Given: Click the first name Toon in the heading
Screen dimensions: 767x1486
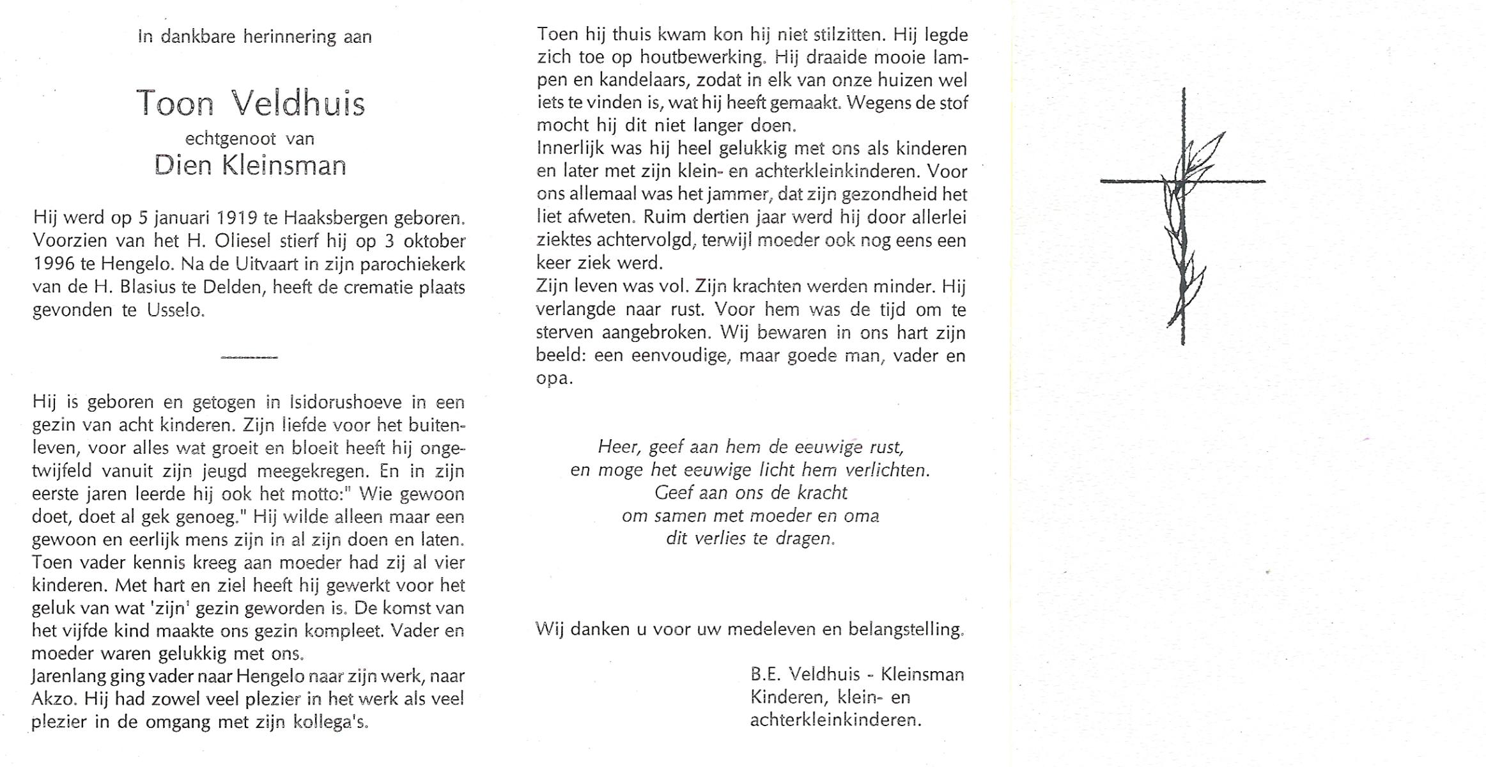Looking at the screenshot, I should pyautogui.click(x=174, y=104).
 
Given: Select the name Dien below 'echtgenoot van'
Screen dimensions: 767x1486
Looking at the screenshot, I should pyautogui.click(x=182, y=166).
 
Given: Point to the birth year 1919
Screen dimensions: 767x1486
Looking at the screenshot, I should pyautogui.click(x=236, y=219).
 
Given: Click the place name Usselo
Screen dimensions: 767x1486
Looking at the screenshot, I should pyautogui.click(x=175, y=311).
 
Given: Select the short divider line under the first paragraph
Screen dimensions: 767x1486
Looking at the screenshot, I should pyautogui.click(x=249, y=357).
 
